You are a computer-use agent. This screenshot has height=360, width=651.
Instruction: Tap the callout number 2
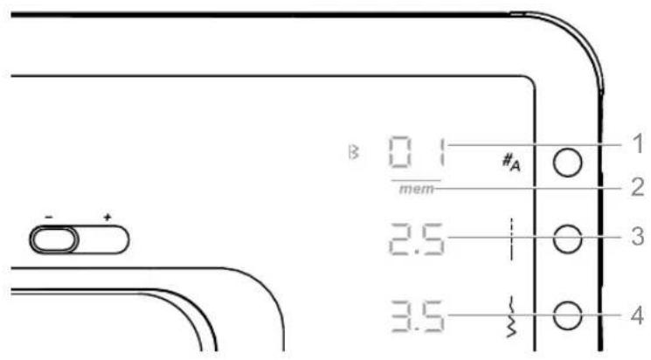(636, 187)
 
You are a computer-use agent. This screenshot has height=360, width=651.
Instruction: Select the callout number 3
(637, 236)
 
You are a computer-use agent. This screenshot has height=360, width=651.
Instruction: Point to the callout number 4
(636, 315)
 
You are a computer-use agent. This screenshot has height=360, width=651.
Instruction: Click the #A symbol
(511, 162)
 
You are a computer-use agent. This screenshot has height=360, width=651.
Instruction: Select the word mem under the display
(417, 190)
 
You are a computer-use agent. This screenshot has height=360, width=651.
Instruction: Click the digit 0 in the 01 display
(400, 152)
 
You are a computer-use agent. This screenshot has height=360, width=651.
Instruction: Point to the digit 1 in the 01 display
(442, 152)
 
